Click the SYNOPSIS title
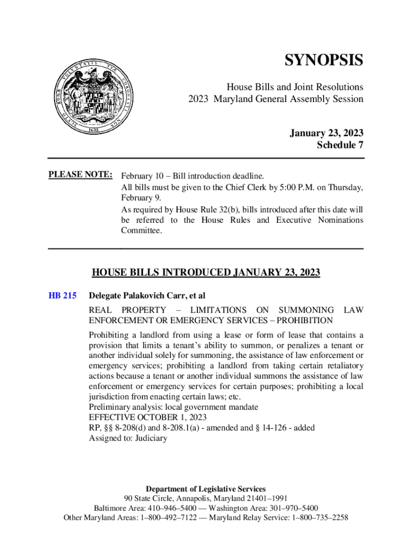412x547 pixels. [323, 60]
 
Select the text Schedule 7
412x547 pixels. [340, 145]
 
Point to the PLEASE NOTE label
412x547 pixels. [80, 175]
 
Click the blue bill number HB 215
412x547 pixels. [63, 295]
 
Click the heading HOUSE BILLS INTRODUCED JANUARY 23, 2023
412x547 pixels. [206, 273]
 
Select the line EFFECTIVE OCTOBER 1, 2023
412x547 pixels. [148, 417]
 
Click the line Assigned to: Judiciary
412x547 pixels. [128, 439]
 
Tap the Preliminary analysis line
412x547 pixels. [173, 407]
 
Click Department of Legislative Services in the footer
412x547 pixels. [205, 489]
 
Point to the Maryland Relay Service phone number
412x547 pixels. [317, 518]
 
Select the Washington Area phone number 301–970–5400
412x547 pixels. [289, 508]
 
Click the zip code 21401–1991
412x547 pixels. [264, 498]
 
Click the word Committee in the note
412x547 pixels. [141, 231]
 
